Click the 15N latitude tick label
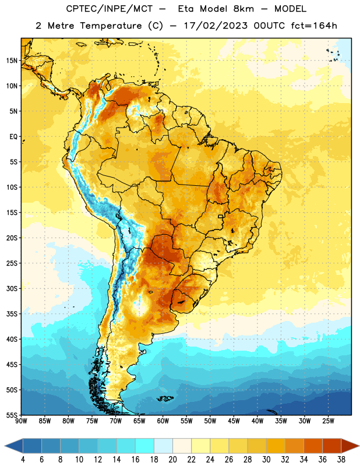pyautogui.click(x=12, y=61)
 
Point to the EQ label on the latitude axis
pyautogui.click(x=13, y=137)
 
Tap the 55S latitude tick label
pyautogui.click(x=12, y=415)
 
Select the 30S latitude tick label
pyautogui.click(x=12, y=288)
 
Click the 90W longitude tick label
pyautogui.click(x=21, y=421)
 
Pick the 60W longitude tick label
pyautogui.click(x=163, y=421)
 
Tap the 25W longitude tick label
pyautogui.click(x=328, y=421)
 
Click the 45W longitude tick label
pyautogui.click(x=234, y=421)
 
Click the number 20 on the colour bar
pyautogui.click(x=172, y=460)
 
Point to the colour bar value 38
pyautogui.click(x=341, y=460)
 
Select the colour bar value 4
pyautogui.click(x=23, y=460)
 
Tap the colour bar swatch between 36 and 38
pyautogui.click(x=332, y=446)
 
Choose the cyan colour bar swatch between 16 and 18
pyautogui.click(x=144, y=446)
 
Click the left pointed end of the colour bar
pyautogui.click(x=5, y=446)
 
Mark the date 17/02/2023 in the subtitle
pyautogui.click(x=216, y=26)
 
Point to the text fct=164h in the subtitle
pyautogui.click(x=314, y=26)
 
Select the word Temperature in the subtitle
pyautogui.click(x=111, y=26)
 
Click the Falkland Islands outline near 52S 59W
pyautogui.click(x=165, y=398)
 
